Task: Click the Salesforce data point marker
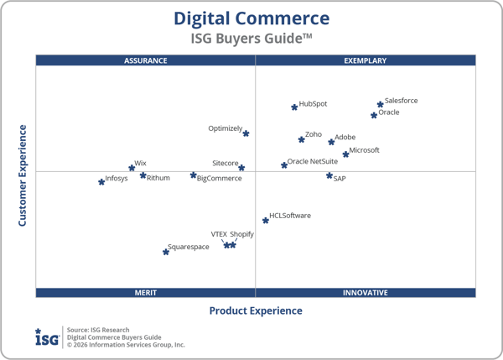tap(381, 105)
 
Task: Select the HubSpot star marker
tap(294, 107)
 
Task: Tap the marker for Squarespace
tap(166, 252)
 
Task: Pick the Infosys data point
tap(101, 181)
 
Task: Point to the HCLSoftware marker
tap(266, 221)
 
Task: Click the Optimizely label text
tap(225, 128)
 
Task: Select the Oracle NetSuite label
tap(313, 161)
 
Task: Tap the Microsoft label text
tap(364, 150)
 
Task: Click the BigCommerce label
tap(220, 178)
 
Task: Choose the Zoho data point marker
tap(301, 139)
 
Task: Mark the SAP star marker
tap(329, 175)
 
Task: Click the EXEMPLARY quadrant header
tap(366, 60)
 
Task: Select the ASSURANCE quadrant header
tap(146, 60)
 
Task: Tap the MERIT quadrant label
tap(146, 293)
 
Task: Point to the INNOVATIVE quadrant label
tap(366, 293)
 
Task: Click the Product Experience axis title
tap(256, 310)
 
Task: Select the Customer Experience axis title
tap(23, 175)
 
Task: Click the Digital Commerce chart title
tap(251, 18)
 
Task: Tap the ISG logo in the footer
tap(47, 337)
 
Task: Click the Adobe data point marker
tap(331, 142)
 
